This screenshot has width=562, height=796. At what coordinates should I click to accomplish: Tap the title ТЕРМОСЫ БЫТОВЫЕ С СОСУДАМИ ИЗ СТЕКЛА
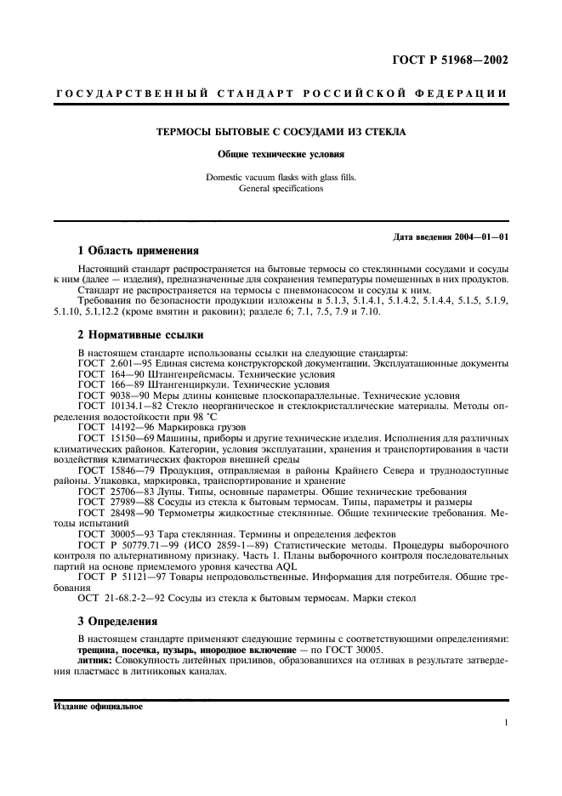(281, 132)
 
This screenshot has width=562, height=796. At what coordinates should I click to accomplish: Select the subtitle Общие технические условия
(281, 155)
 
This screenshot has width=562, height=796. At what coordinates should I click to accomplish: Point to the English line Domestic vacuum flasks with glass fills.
(281, 178)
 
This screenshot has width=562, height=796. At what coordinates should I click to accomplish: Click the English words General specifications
(281, 188)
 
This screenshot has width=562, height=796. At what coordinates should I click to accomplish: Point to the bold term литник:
(95, 660)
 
